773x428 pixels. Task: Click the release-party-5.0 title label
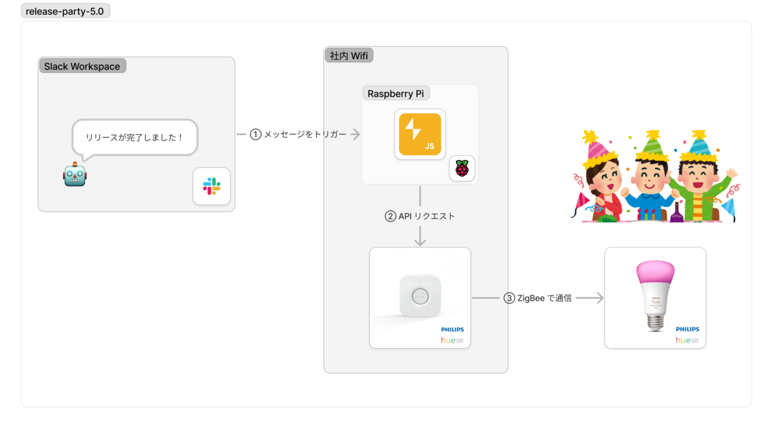[66, 11]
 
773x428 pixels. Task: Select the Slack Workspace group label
[82, 66]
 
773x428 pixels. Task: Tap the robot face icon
[74, 174]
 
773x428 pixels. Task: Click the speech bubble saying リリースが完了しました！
[135, 137]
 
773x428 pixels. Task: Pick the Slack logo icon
[211, 186]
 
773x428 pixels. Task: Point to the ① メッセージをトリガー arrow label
[298, 135]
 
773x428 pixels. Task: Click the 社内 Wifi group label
[348, 55]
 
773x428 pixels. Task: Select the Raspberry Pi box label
[396, 93]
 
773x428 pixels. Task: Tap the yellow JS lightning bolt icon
[420, 135]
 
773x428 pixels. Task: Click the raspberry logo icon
[462, 169]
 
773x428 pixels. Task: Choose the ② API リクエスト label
[420, 216]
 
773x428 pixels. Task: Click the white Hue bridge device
[419, 297]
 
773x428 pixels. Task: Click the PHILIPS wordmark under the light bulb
[687, 330]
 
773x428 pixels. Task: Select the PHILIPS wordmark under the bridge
[452, 330]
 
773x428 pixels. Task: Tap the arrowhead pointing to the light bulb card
[599, 298]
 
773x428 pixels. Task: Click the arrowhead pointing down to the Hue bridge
[420, 241]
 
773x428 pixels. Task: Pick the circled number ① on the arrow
[256, 135]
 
